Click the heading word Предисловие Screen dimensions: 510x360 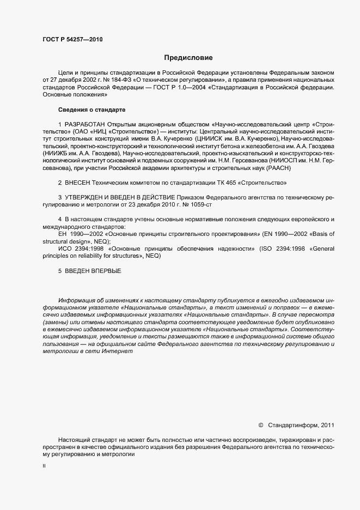coord(188,57)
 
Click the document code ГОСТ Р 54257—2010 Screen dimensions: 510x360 coord(72,40)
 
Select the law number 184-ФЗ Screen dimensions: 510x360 coord(121,80)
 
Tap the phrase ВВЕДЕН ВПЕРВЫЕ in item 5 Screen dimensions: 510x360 coord(93,271)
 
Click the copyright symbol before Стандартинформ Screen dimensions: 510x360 coord(261,425)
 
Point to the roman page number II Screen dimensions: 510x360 coord(44,466)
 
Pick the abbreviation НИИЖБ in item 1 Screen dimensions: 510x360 coord(53,154)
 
